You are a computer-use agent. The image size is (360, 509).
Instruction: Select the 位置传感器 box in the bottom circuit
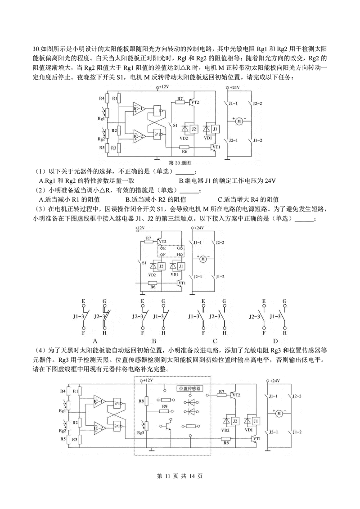189,388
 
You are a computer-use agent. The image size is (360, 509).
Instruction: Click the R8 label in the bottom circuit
141,400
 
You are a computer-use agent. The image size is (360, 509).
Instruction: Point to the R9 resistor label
165,406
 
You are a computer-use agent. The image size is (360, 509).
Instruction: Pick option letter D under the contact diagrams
269,341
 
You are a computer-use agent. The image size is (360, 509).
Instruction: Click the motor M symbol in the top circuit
239,121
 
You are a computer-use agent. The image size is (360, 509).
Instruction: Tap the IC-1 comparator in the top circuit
139,109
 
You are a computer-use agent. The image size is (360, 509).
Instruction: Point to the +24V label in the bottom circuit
275,381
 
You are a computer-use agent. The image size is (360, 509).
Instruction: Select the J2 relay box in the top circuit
194,129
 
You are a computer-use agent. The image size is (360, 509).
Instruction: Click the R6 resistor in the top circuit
184,147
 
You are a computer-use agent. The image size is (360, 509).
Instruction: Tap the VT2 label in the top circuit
195,103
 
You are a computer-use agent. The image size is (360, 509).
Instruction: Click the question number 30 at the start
36,49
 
